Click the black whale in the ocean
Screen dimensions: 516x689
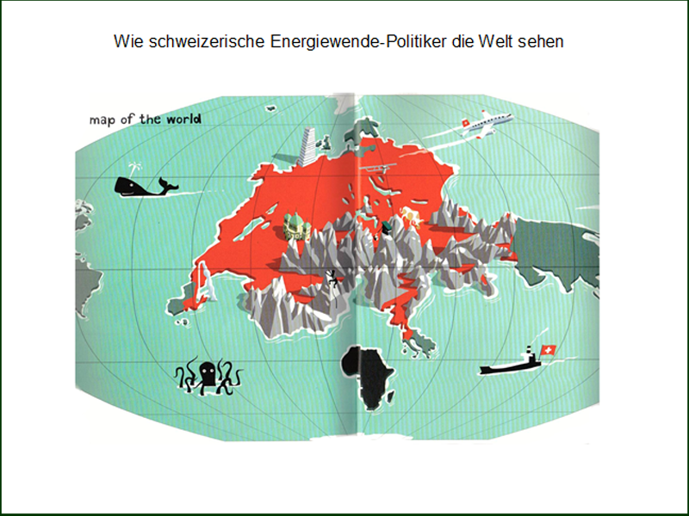[x=138, y=186]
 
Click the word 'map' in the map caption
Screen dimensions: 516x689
[x=103, y=119]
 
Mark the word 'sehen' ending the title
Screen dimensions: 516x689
[x=545, y=41]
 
